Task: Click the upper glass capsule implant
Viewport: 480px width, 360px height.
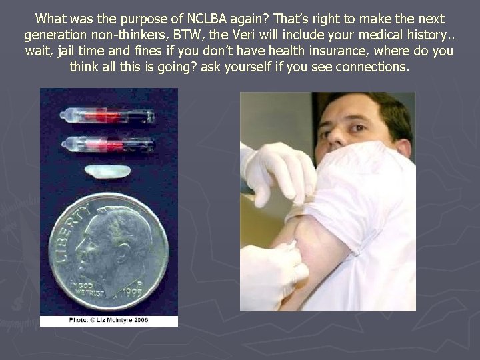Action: [x=107, y=116]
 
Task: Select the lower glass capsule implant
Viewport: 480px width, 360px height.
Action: [x=107, y=144]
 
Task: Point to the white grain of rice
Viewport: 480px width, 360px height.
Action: [x=107, y=171]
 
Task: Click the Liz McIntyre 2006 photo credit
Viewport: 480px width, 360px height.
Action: [x=109, y=321]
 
